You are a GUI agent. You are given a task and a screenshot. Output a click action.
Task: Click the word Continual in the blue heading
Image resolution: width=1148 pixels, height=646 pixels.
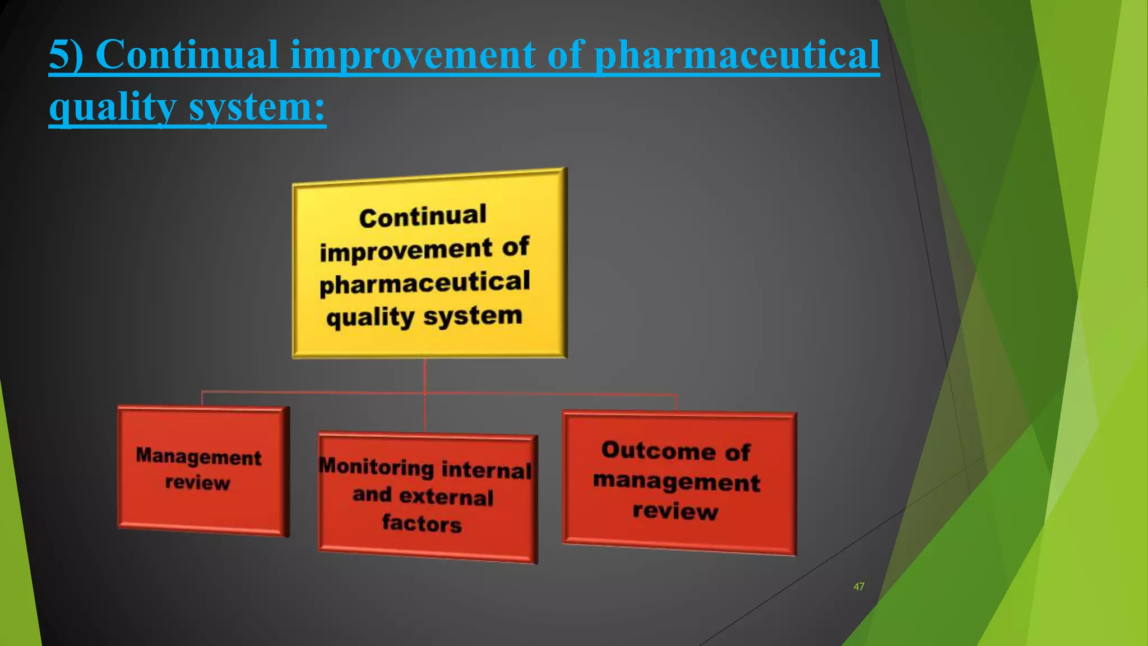tap(187, 54)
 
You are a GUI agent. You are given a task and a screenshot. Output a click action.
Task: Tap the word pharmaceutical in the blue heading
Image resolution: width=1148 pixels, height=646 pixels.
tap(737, 54)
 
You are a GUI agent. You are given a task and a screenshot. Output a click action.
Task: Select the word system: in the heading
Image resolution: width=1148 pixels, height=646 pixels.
tap(257, 107)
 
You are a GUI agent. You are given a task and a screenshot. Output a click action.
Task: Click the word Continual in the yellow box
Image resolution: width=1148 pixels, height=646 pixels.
tap(423, 216)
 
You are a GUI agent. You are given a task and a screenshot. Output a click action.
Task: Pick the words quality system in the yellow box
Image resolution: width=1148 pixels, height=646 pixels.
tap(424, 317)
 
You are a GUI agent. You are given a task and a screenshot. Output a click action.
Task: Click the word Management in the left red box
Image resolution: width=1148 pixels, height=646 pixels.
tap(198, 456)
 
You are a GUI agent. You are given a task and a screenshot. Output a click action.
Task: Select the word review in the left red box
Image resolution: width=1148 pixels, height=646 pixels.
tap(197, 482)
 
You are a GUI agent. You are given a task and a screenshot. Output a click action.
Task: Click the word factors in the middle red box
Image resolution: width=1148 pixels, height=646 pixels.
tap(422, 523)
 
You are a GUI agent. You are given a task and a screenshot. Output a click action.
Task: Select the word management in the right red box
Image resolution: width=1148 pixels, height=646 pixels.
tap(677, 482)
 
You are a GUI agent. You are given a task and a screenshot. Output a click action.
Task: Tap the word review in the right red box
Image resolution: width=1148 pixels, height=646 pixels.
tap(675, 511)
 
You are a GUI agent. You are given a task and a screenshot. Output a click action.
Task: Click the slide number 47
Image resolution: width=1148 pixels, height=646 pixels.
tap(858, 587)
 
